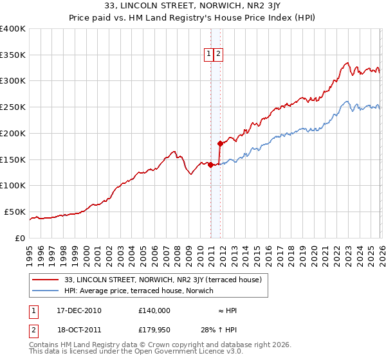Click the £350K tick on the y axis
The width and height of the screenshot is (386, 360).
[13, 55]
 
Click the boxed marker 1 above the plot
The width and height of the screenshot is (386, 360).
[210, 55]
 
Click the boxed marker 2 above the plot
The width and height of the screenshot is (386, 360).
[219, 55]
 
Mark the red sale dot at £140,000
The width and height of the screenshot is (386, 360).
[211, 165]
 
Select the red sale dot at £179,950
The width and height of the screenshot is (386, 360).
[220, 144]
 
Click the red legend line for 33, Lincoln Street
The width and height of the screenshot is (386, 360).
[46, 280]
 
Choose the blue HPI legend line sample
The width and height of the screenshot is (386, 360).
[46, 291]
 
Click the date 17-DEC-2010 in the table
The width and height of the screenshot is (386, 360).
[79, 310]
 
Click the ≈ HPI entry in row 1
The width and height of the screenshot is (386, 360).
[227, 310]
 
